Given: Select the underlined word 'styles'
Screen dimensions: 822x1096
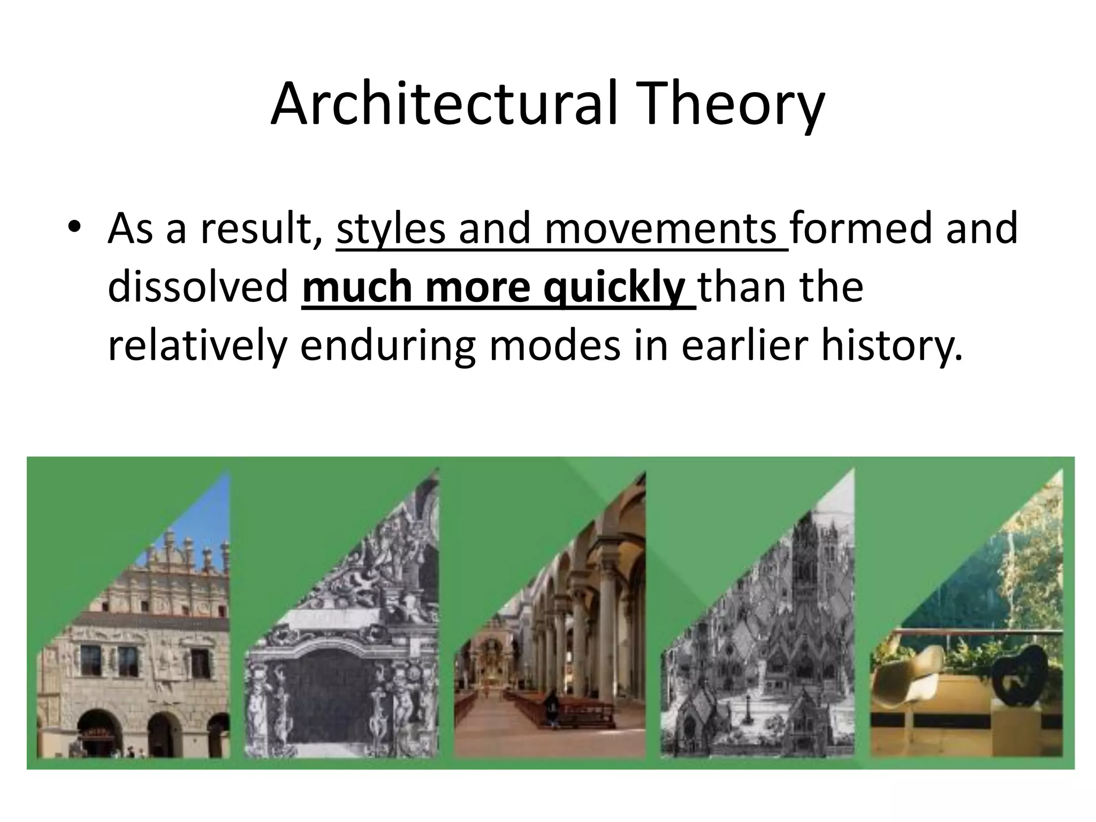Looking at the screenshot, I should [390, 229].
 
